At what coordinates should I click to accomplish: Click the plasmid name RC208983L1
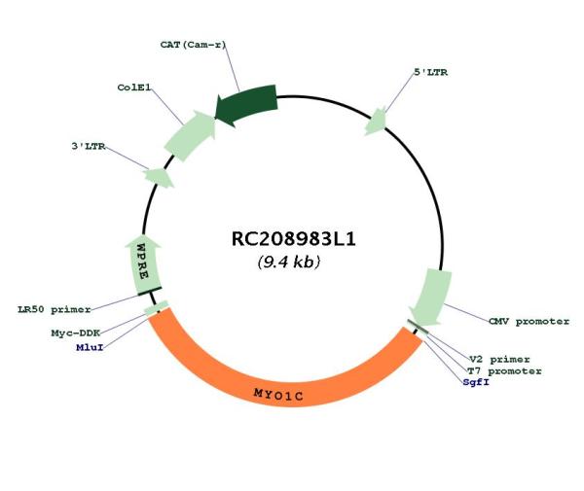294,239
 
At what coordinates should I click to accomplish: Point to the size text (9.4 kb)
289,262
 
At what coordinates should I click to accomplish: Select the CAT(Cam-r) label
193,45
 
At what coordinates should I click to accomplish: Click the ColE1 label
134,88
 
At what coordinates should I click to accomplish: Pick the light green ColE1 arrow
190,136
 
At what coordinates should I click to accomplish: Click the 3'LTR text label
89,146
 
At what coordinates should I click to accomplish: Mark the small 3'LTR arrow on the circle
160,178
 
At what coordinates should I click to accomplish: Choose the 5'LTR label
431,72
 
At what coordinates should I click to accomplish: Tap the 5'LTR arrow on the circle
376,122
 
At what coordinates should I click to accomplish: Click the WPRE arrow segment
143,263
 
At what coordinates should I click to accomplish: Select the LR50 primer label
55,309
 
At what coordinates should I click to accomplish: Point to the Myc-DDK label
76,333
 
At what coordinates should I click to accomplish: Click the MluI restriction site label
90,347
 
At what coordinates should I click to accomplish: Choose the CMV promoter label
529,322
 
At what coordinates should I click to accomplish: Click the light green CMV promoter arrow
432,297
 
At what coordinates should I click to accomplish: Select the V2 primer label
499,360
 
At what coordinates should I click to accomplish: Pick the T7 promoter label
504,370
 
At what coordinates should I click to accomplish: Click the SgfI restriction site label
476,382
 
